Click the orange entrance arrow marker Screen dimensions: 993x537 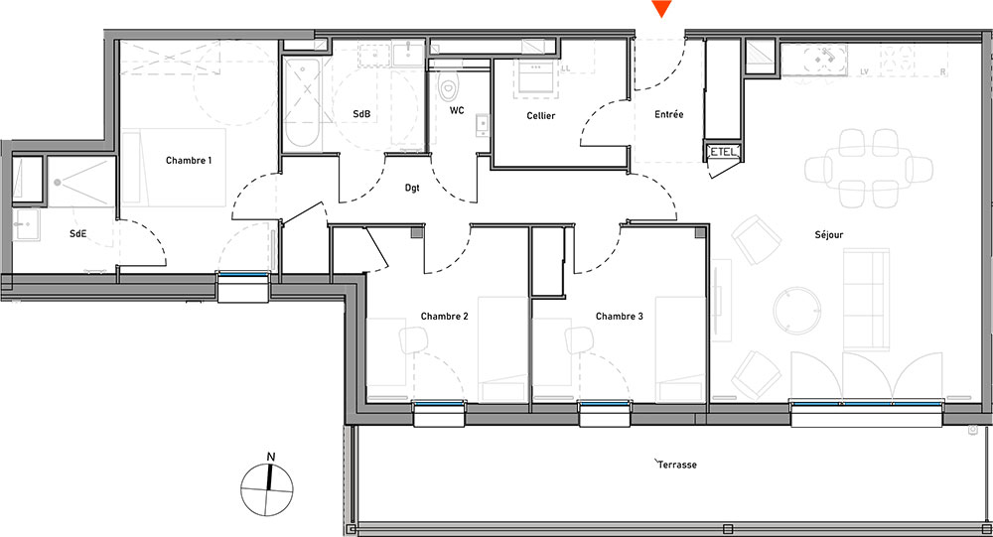pyautogui.click(x=661, y=9)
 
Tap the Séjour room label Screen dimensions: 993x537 pyautogui.click(x=829, y=235)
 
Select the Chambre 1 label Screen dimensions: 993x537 pyautogui.click(x=189, y=160)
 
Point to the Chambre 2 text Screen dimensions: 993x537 pyautogui.click(x=445, y=316)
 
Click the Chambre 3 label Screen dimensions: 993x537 pyautogui.click(x=620, y=316)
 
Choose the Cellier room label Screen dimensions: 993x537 pyautogui.click(x=541, y=116)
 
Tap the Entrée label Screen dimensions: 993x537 pyautogui.click(x=668, y=114)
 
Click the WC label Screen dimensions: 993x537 pyautogui.click(x=457, y=110)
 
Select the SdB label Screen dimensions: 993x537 pyautogui.click(x=361, y=114)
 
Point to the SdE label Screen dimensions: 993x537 pyautogui.click(x=77, y=233)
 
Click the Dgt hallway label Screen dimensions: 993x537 pyautogui.click(x=412, y=188)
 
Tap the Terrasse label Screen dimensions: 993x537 pyautogui.click(x=676, y=465)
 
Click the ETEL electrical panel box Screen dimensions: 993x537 pyautogui.click(x=723, y=152)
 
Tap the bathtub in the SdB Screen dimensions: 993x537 pyautogui.click(x=302, y=104)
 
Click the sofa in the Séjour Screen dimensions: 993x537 pyautogui.click(x=866, y=299)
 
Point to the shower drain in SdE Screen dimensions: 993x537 pyautogui.click(x=58, y=183)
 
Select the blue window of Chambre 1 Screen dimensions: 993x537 pyautogui.click(x=243, y=274)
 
